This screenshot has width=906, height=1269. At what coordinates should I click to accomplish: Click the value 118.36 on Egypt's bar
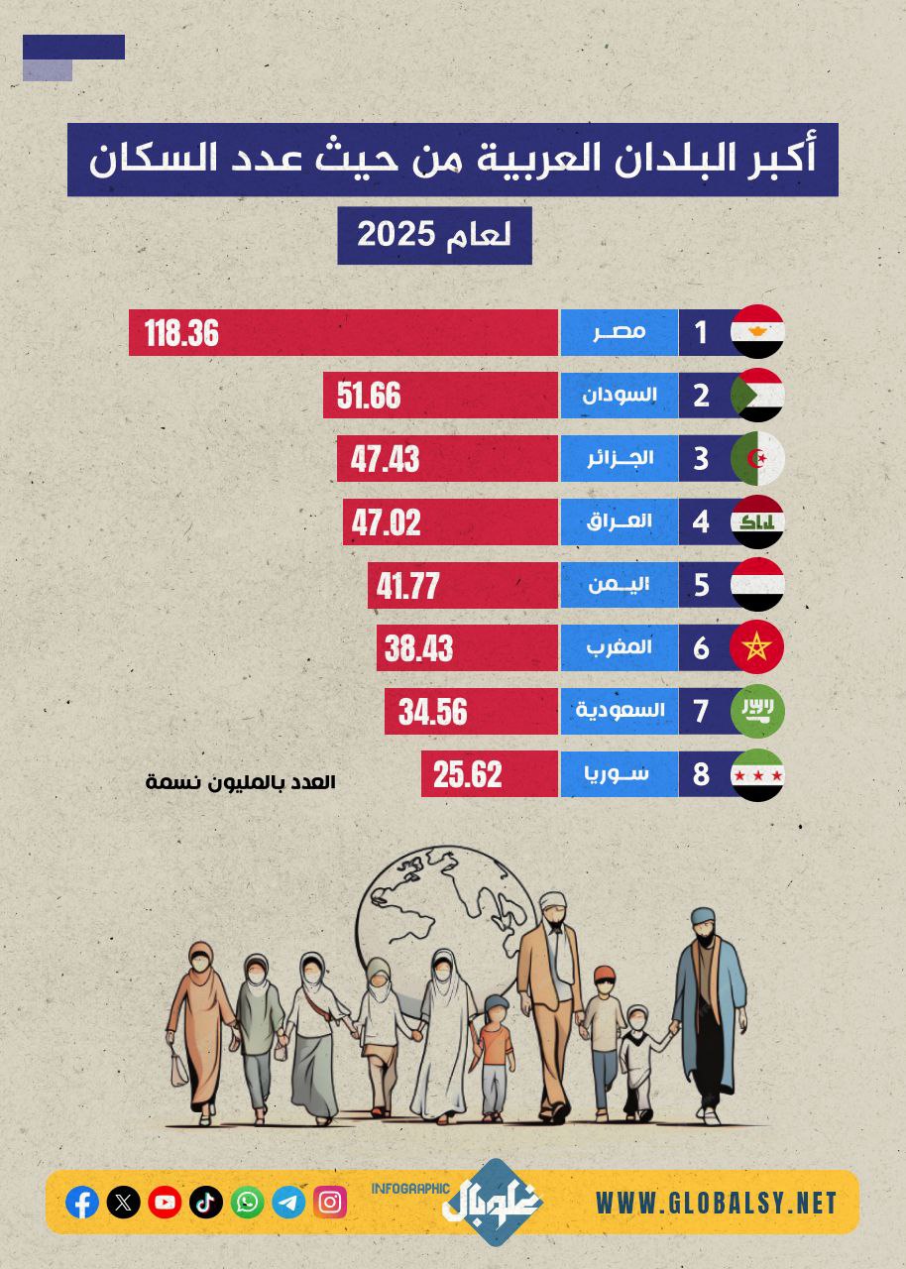[181, 333]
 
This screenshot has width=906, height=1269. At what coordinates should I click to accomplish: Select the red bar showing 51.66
[441, 396]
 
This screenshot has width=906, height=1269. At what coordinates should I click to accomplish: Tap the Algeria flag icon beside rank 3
[757, 459]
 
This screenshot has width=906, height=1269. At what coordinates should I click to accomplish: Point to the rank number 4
[702, 521]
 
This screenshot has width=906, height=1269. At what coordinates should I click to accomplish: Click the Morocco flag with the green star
[757, 647]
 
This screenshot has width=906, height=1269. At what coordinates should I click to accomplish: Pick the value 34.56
[432, 712]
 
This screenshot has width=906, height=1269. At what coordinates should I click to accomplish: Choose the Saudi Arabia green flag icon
[757, 710]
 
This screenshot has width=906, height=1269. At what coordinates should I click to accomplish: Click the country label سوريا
[621, 773]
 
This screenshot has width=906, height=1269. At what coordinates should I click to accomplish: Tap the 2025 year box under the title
[434, 236]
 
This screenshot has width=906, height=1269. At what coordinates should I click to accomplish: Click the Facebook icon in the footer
[82, 1203]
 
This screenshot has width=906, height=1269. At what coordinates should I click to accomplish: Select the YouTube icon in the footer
[165, 1203]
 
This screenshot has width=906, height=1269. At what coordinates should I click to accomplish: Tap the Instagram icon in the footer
[330, 1203]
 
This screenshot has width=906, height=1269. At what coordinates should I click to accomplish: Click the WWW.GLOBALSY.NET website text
[716, 1204]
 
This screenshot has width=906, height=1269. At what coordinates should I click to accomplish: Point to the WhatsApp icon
[247, 1203]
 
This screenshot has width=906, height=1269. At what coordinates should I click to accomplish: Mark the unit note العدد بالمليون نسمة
[241, 782]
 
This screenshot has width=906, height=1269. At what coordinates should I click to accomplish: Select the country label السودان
[621, 396]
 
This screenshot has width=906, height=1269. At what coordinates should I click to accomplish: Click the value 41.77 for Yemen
[407, 586]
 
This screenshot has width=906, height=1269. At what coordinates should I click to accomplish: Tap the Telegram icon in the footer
[288, 1203]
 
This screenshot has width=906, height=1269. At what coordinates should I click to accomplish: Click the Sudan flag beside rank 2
[757, 396]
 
